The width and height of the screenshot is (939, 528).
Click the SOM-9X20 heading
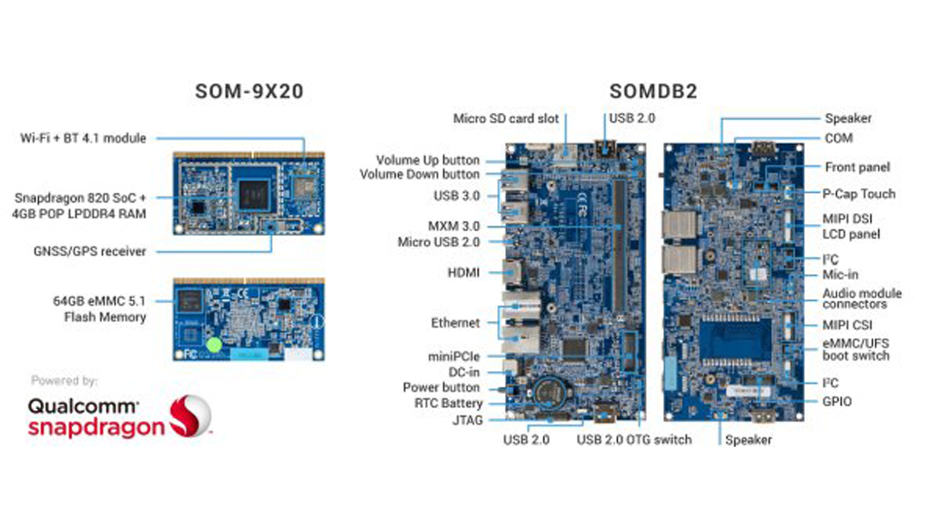pyautogui.click(x=250, y=92)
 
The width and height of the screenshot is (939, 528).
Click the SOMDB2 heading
pyautogui.click(x=653, y=92)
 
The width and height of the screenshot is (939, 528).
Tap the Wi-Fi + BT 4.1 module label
pyautogui.click(x=84, y=138)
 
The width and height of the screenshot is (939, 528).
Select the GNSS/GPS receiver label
pyautogui.click(x=90, y=251)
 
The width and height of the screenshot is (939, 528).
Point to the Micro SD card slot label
pyautogui.click(x=506, y=119)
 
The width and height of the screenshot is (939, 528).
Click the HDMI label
pyautogui.click(x=463, y=273)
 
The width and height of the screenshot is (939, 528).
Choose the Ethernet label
pyautogui.click(x=455, y=323)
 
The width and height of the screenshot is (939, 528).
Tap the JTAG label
pyautogui.click(x=467, y=420)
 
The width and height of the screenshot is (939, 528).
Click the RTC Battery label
pyautogui.click(x=448, y=403)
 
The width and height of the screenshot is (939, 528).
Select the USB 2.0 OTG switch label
pyautogui.click(x=635, y=440)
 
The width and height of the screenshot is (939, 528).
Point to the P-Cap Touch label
pyautogui.click(x=859, y=194)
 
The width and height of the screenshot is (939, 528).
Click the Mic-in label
pyautogui.click(x=840, y=275)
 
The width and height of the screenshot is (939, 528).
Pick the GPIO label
pyautogui.click(x=837, y=402)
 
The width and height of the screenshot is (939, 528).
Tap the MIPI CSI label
pyautogui.click(x=847, y=325)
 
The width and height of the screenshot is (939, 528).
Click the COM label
pyautogui.click(x=839, y=138)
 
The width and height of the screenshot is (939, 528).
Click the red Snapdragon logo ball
pyautogui.click(x=191, y=415)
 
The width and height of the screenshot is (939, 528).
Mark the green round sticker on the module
pyautogui.click(x=214, y=345)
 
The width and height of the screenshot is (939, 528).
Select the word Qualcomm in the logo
pyautogui.click(x=83, y=407)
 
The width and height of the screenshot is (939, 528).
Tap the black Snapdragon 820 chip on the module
pyautogui.click(x=254, y=196)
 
